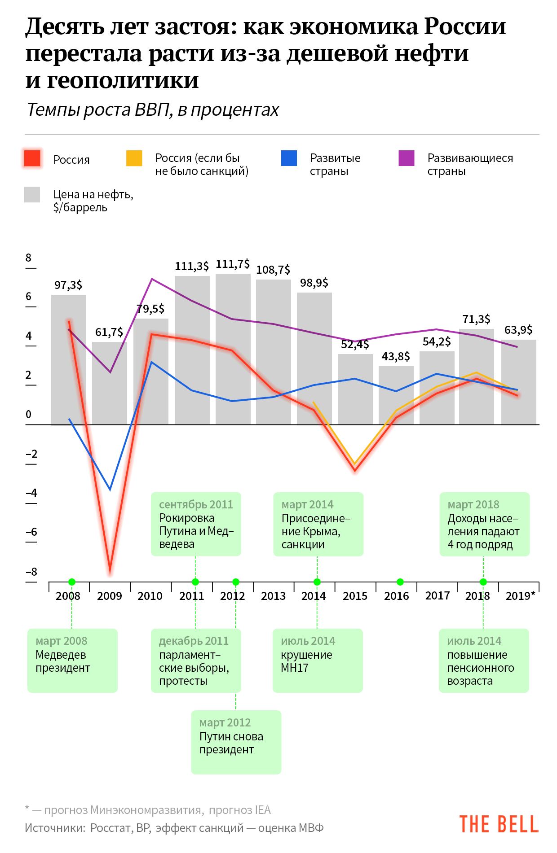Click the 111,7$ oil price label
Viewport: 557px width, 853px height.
[233, 264]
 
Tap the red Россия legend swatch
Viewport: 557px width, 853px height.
[32, 158]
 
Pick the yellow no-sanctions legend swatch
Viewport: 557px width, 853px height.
[134, 158]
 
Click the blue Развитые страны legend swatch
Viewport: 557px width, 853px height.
[289, 158]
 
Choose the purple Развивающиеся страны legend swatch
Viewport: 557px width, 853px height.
[407, 158]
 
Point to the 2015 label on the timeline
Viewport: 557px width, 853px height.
[355, 596]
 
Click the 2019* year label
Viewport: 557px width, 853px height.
[520, 596]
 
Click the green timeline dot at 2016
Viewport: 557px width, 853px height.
[400, 582]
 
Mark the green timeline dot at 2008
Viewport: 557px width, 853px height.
[72, 582]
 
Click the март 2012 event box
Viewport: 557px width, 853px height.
[236, 742]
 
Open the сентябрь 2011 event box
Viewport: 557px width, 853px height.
[196, 524]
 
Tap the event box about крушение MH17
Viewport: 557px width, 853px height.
[318, 661]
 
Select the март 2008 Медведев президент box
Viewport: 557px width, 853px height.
[72, 661]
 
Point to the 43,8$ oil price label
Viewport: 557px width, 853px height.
[396, 357]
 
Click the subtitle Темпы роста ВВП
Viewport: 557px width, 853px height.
[153, 110]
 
